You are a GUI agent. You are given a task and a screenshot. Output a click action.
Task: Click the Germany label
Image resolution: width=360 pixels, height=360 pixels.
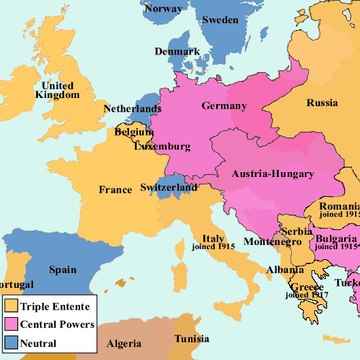pyautogui.click(x=223, y=106)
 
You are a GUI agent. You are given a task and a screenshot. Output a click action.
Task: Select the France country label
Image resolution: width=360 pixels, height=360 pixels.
pyautogui.click(x=116, y=188)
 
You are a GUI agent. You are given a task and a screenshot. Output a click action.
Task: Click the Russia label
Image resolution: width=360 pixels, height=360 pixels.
pyautogui.click(x=322, y=103)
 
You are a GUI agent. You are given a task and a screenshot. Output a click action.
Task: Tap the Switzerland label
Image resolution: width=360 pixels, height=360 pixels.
pyautogui.click(x=167, y=187)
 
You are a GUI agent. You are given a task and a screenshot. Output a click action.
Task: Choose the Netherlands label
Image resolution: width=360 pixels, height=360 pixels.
pyautogui.click(x=132, y=108)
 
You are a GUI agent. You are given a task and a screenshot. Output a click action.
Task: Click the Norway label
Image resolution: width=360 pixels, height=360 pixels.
pyautogui.click(x=163, y=9)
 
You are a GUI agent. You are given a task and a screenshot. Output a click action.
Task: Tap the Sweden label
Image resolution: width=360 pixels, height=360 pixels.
pyautogui.click(x=220, y=20)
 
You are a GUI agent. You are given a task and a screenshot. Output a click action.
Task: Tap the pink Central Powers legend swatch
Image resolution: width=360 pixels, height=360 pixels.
pyautogui.click(x=11, y=325)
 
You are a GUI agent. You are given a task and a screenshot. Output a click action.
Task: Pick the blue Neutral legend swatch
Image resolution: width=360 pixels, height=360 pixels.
pyautogui.click(x=11, y=343)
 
